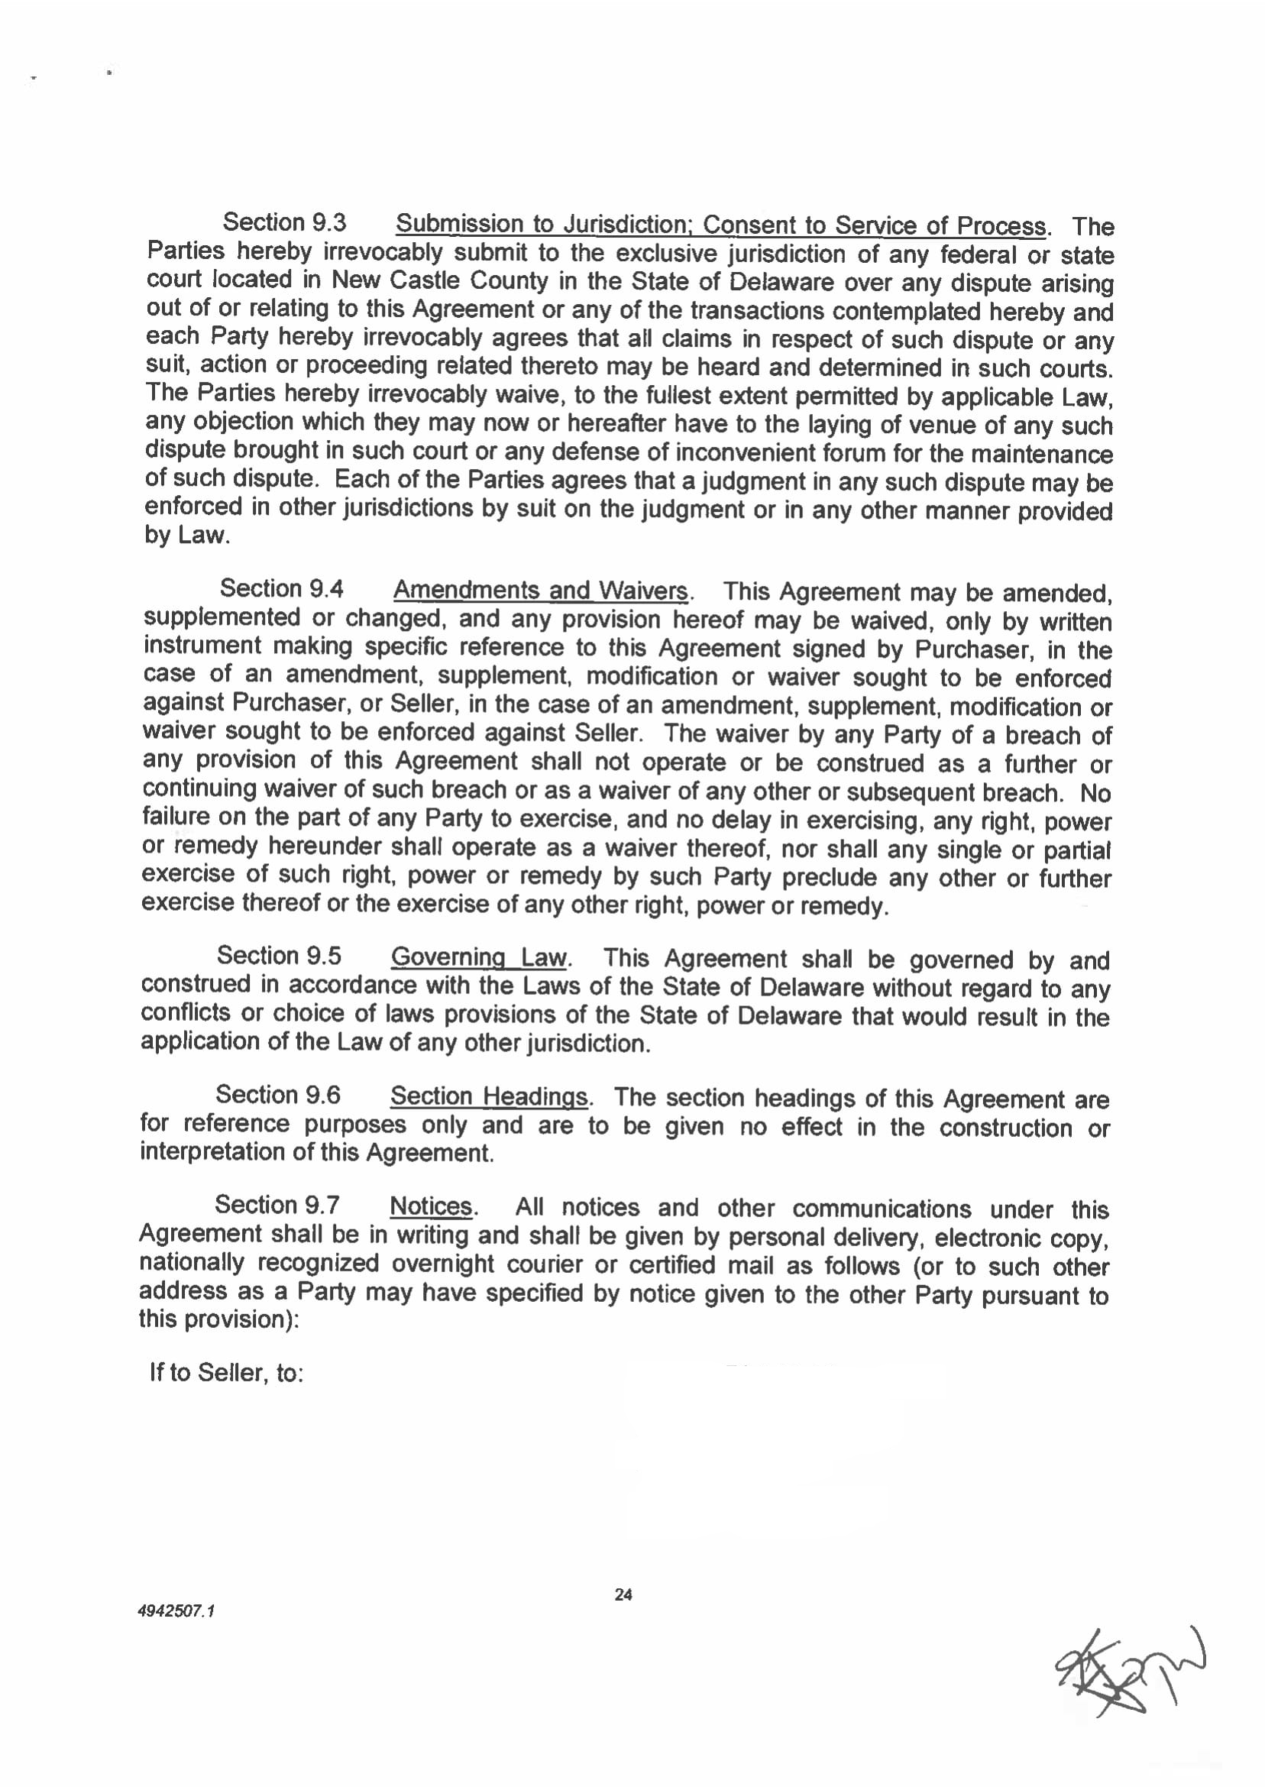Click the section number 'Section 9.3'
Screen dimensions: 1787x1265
pos(284,223)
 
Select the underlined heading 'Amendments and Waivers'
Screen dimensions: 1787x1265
pos(541,591)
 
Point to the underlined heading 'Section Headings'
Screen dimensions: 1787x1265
pos(489,1096)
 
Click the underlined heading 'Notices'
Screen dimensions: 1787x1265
pos(431,1206)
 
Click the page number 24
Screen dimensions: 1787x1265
pos(623,1594)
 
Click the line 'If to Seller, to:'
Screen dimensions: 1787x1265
pos(226,1373)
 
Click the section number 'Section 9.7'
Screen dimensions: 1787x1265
pos(277,1205)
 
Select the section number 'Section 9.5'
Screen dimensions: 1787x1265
pos(279,955)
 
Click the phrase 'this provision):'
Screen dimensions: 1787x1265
pos(219,1319)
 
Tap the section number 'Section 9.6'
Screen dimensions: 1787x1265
pos(278,1095)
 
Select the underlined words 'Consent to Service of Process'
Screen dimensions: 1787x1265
pos(874,225)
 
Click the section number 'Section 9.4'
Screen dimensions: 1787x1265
pos(281,588)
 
